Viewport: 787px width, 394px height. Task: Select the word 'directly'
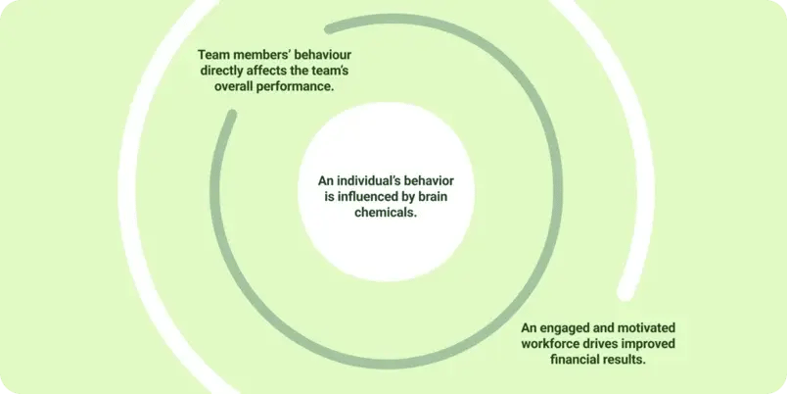[x=221, y=71]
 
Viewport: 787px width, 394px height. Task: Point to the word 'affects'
[x=265, y=71]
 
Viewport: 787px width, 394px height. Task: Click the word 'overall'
[x=234, y=86]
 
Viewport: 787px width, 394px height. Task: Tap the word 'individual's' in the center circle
[x=360, y=181]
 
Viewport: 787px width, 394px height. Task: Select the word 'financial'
[x=575, y=360]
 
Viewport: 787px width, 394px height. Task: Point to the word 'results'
[x=625, y=360]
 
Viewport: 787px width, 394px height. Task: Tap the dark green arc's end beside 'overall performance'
[x=231, y=115]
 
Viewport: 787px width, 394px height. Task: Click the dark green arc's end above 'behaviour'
[x=330, y=28]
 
